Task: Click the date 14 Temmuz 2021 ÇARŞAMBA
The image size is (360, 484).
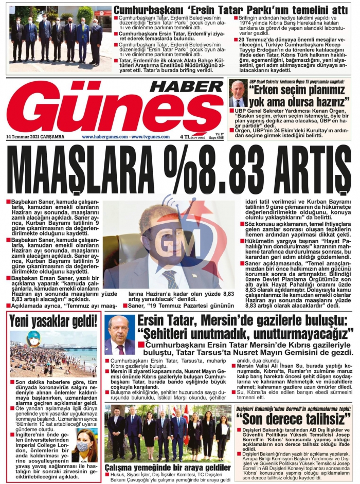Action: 35,137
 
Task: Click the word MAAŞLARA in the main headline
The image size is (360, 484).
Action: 71,170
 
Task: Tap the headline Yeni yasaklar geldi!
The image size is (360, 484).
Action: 53,321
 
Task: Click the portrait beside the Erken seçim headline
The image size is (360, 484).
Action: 238,94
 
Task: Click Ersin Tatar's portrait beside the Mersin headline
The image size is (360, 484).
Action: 119,335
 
